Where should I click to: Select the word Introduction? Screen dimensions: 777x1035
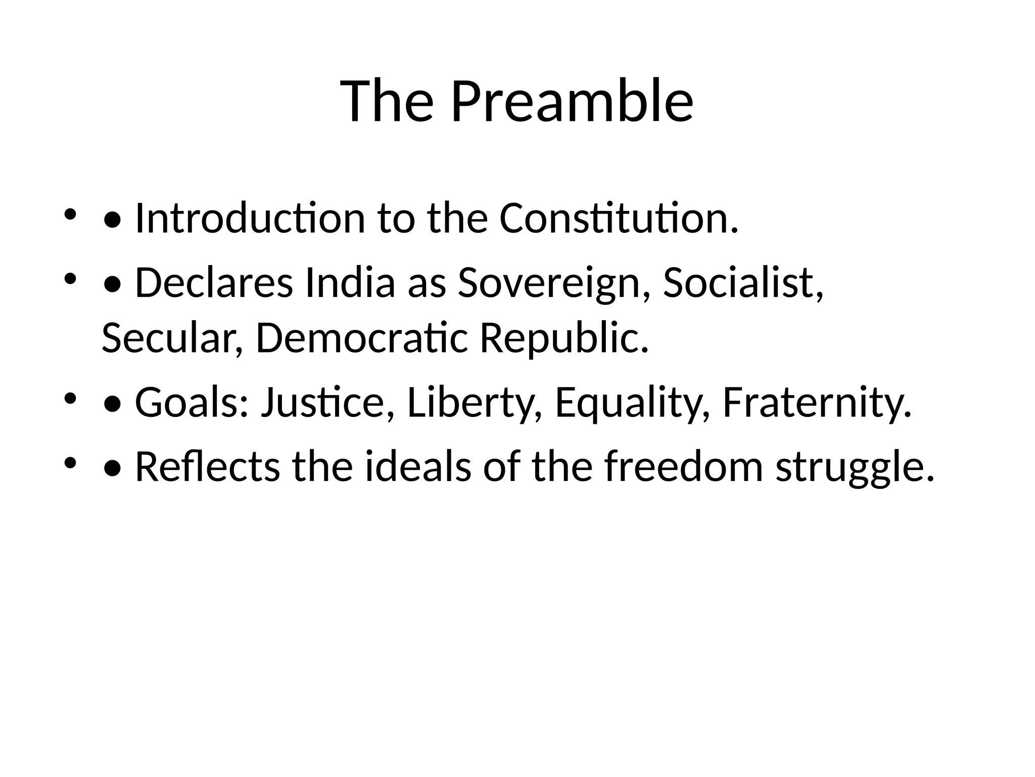coord(250,218)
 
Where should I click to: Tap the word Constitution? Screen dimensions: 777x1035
coord(619,218)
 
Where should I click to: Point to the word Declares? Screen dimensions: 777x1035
coord(214,283)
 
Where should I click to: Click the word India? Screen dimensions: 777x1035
coord(350,283)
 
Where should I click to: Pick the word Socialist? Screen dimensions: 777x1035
coord(743,283)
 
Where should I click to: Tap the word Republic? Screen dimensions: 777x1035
coord(564,338)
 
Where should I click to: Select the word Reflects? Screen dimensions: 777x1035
coord(207,466)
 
